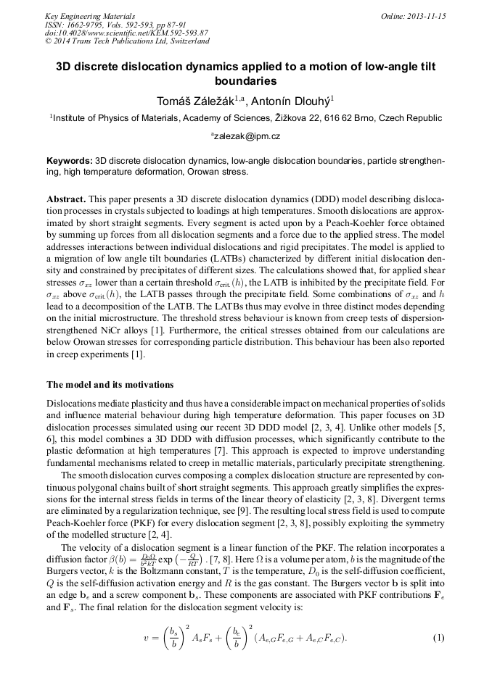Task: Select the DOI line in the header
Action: (x=126, y=33)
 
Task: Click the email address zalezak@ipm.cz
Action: (x=246, y=136)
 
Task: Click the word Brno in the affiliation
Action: (x=351, y=117)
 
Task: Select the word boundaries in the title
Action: (x=246, y=82)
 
